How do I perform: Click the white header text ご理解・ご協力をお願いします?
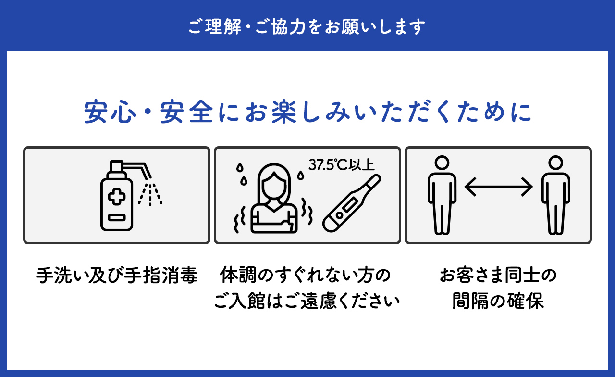(x=307, y=26)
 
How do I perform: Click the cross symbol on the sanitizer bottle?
(x=117, y=197)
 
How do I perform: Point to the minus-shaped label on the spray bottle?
(x=117, y=218)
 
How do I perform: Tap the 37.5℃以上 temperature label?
(x=341, y=165)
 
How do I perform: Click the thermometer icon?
(x=351, y=203)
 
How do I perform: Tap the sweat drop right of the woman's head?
(x=301, y=176)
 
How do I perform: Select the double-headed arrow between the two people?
(x=498, y=187)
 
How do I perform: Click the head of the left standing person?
(x=442, y=163)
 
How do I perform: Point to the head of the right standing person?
(x=556, y=163)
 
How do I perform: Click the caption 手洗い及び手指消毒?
(x=117, y=275)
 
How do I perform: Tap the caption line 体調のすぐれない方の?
(x=305, y=275)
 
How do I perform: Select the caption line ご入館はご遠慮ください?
(x=307, y=301)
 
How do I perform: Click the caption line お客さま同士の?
(x=498, y=275)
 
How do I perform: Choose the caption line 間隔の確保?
(x=498, y=301)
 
